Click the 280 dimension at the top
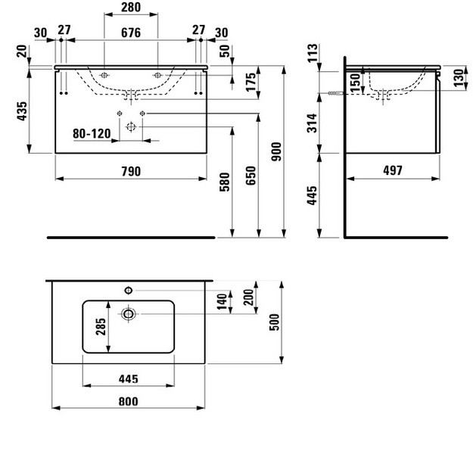(131, 8)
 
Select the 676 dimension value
(131, 33)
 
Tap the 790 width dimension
(131, 171)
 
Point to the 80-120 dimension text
(92, 133)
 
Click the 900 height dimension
(276, 151)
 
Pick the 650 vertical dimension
(251, 176)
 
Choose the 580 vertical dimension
(225, 182)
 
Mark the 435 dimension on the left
(22, 111)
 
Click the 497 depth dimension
(393, 171)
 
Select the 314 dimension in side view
(313, 123)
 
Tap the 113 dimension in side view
(313, 53)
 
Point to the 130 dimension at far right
(459, 78)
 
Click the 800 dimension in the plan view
(129, 402)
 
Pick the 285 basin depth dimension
(101, 327)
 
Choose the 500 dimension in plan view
(275, 322)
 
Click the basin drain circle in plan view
(129, 314)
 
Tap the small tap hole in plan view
(129, 290)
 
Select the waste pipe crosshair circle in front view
(131, 127)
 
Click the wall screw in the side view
(335, 94)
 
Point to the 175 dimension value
(251, 82)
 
